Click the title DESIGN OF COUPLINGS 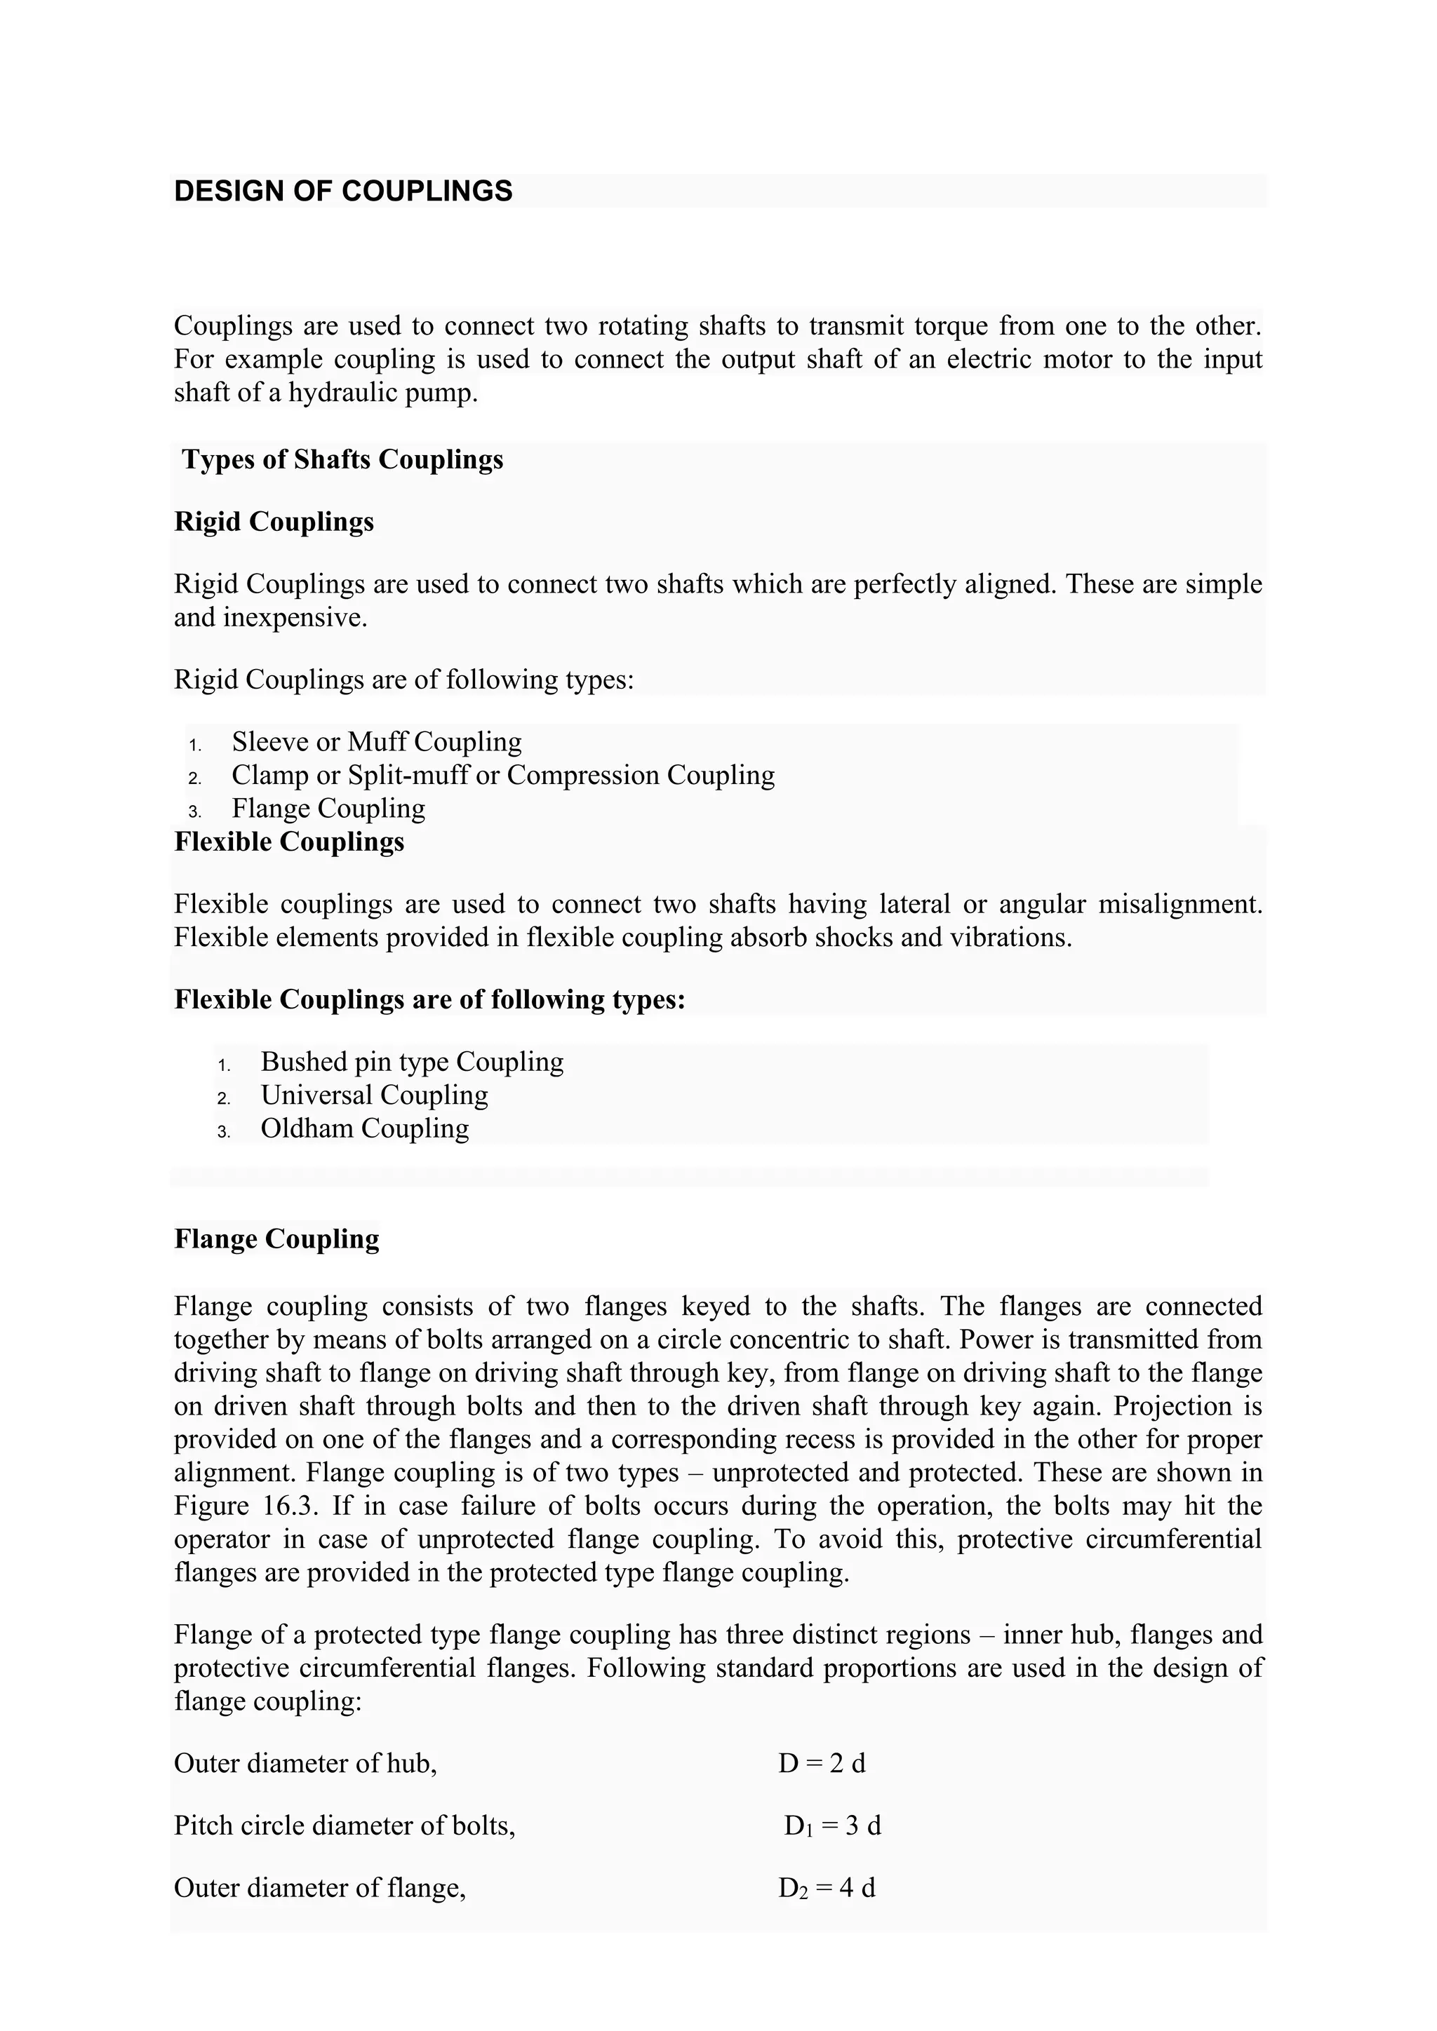(343, 191)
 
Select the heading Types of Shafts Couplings (342, 460)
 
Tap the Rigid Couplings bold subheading (274, 522)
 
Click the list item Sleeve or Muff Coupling (376, 741)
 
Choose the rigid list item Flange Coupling (328, 809)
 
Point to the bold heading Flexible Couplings (289, 842)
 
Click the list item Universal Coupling (374, 1095)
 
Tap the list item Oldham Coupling (365, 1128)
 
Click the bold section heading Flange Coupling (277, 1239)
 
